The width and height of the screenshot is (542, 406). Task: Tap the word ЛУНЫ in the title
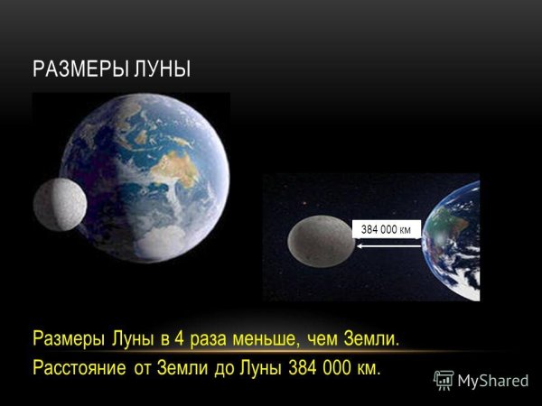(x=163, y=69)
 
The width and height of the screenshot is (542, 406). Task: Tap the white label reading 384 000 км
(x=386, y=228)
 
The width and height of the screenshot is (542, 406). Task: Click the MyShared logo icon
(x=444, y=380)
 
